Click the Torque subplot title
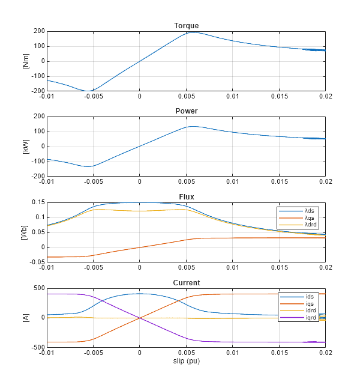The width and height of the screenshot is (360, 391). pos(186,26)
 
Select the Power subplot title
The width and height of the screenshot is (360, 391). pos(186,111)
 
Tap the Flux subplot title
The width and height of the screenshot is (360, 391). pos(186,197)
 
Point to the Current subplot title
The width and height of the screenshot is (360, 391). pos(186,282)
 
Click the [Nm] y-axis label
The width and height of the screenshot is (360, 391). pos(26,61)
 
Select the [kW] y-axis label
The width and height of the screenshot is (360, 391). pos(26,146)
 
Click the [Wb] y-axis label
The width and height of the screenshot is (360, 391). pos(26,232)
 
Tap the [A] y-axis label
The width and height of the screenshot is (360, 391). pos(26,318)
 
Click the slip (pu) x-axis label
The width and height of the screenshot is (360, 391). pos(186,362)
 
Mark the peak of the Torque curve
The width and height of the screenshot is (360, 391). pos(191,32)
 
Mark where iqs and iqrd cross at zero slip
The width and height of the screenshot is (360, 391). pos(140,318)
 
